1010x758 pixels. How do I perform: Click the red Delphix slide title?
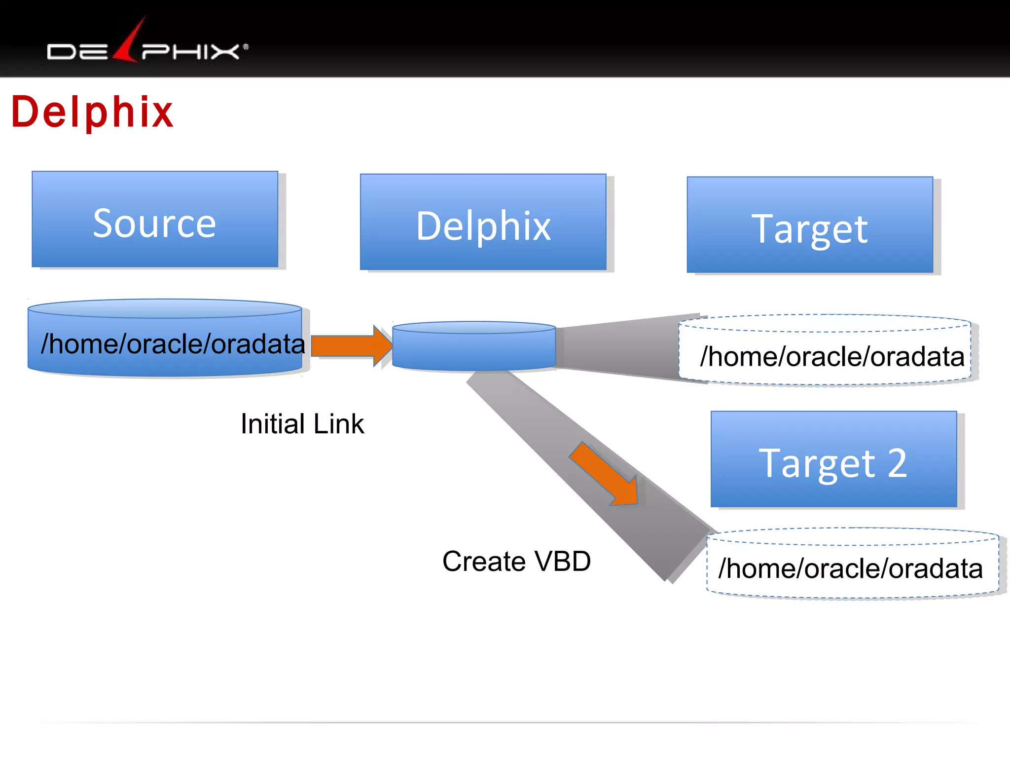[92, 113]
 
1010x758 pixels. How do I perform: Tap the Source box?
[155, 220]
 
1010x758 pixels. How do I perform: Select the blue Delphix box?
[483, 222]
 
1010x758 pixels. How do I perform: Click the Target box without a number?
[810, 225]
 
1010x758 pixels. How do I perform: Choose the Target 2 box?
[833, 459]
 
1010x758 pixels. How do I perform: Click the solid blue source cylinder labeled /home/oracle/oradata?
[165, 341]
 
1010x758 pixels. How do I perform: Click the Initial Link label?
[302, 424]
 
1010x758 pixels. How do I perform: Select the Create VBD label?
[516, 562]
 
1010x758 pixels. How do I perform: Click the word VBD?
[562, 562]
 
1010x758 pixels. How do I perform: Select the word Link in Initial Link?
[338, 424]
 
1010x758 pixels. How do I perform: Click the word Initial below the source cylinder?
[273, 424]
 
